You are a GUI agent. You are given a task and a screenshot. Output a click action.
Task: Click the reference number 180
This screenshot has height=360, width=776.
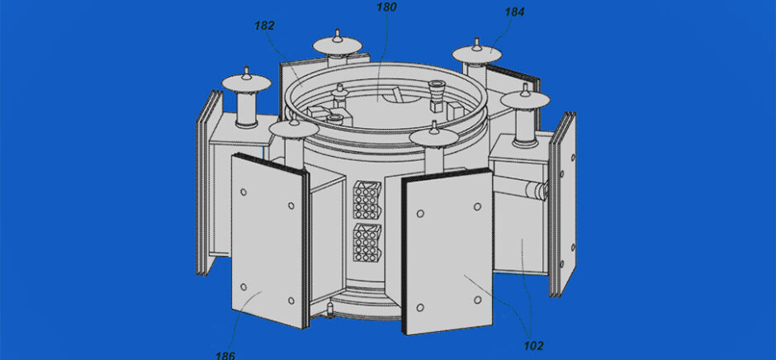click(386, 7)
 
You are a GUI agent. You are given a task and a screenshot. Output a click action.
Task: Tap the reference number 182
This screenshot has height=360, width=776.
click(264, 26)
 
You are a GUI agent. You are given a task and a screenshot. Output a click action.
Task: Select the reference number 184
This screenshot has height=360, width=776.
click(514, 12)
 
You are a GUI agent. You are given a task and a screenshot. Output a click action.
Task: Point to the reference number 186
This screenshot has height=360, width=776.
click(225, 355)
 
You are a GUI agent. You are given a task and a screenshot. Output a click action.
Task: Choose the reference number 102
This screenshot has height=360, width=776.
click(533, 346)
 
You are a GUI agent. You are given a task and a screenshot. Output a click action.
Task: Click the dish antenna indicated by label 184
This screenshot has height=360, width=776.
click(476, 53)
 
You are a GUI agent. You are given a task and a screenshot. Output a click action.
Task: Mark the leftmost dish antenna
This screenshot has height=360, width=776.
click(247, 81)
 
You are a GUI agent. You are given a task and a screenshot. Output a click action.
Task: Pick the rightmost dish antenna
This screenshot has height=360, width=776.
click(524, 98)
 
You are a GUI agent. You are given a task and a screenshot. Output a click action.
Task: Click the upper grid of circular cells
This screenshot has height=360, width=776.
click(367, 200)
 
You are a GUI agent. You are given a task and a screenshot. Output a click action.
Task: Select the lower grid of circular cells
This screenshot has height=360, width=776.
click(367, 243)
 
